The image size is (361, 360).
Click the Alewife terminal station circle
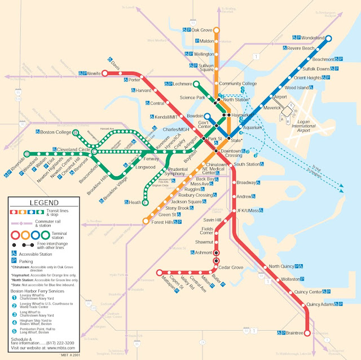(x=104, y=73)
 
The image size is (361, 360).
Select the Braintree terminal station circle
(x=307, y=333)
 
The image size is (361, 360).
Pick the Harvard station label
(x=144, y=91)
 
